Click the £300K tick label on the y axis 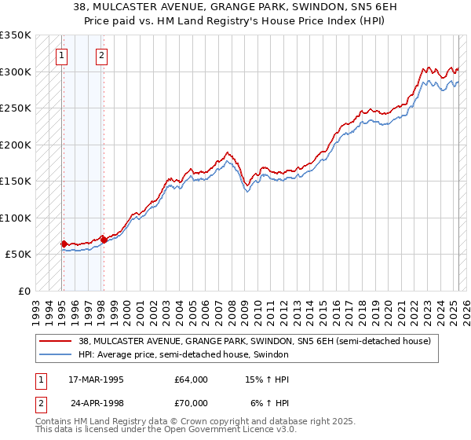[16, 71]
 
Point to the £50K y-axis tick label [18, 255]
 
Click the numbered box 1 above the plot [61, 55]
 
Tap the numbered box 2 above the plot [103, 55]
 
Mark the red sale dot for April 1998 [104, 240]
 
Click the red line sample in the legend [56, 341]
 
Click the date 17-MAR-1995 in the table [96, 379]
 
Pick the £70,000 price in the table [192, 403]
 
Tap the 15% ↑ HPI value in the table [268, 379]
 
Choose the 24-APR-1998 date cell [97, 403]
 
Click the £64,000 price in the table [192, 379]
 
